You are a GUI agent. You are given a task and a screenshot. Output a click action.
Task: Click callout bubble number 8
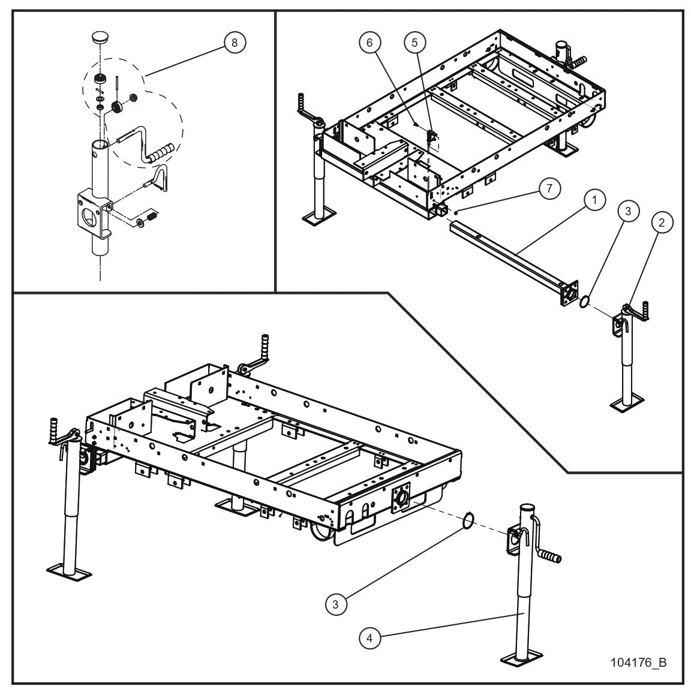234,43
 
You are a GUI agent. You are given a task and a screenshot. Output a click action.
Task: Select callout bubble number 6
370,43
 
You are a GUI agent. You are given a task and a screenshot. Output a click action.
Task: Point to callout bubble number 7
549,188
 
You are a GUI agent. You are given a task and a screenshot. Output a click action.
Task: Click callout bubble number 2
661,222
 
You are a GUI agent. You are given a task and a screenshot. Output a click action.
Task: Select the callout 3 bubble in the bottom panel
336,604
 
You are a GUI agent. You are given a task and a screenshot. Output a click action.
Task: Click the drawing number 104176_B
638,663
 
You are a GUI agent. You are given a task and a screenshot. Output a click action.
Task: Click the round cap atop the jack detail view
100,38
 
